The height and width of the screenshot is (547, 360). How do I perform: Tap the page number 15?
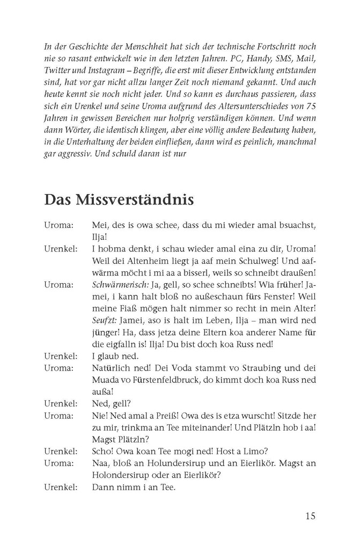(x=310, y=516)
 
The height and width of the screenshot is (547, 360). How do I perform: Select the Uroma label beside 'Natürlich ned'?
(x=59, y=369)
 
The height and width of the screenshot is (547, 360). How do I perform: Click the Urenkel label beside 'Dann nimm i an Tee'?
(x=61, y=488)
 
